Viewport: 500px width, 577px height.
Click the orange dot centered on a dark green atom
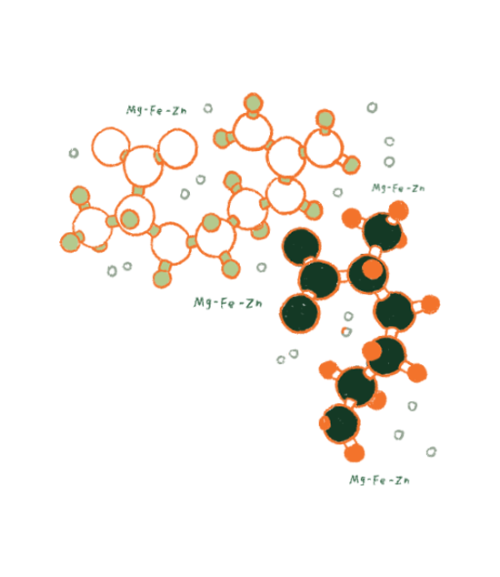[x=372, y=268]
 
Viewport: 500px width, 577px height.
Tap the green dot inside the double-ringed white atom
[x=129, y=219]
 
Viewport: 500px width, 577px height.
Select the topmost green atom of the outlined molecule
[x=253, y=103]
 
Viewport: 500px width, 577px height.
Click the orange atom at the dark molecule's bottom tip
[x=354, y=452]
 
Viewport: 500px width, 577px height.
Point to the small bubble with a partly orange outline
[x=346, y=331]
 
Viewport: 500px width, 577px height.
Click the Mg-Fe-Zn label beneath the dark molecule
[x=379, y=480]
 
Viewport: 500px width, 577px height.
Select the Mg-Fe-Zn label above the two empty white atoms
[x=156, y=110]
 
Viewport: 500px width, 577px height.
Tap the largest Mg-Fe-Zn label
[x=228, y=303]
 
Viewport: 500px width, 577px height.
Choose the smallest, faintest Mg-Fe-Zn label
[x=398, y=188]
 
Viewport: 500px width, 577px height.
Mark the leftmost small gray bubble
[x=74, y=153]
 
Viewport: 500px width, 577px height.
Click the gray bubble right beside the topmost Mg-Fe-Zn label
[x=208, y=108]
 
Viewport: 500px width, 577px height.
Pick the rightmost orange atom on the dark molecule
[x=429, y=304]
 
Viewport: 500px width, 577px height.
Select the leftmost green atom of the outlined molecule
[x=70, y=242]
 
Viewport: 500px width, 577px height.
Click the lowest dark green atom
[x=340, y=424]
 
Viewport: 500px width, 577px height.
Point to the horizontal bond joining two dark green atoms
[x=343, y=276]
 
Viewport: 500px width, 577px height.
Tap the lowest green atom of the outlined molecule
[x=162, y=278]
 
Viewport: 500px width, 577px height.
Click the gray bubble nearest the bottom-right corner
[x=431, y=452]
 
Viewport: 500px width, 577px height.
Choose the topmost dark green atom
[x=383, y=232]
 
